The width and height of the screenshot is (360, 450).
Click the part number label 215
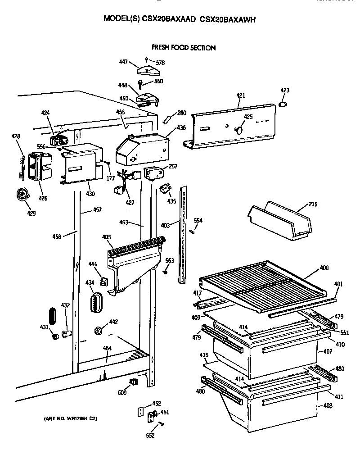pyautogui.click(x=313, y=205)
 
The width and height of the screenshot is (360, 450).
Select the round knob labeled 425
pyautogui.click(x=239, y=130)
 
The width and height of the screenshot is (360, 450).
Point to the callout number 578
pyautogui.click(x=160, y=63)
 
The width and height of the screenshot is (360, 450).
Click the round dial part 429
pyautogui.click(x=21, y=194)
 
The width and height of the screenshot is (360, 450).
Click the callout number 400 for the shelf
pyautogui.click(x=324, y=268)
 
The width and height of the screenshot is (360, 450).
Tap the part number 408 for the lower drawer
pyautogui.click(x=328, y=405)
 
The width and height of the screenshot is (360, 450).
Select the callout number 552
pyautogui.click(x=150, y=435)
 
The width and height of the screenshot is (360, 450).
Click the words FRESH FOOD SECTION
pyautogui.click(x=183, y=47)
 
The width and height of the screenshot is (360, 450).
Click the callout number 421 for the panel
pyautogui.click(x=241, y=95)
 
